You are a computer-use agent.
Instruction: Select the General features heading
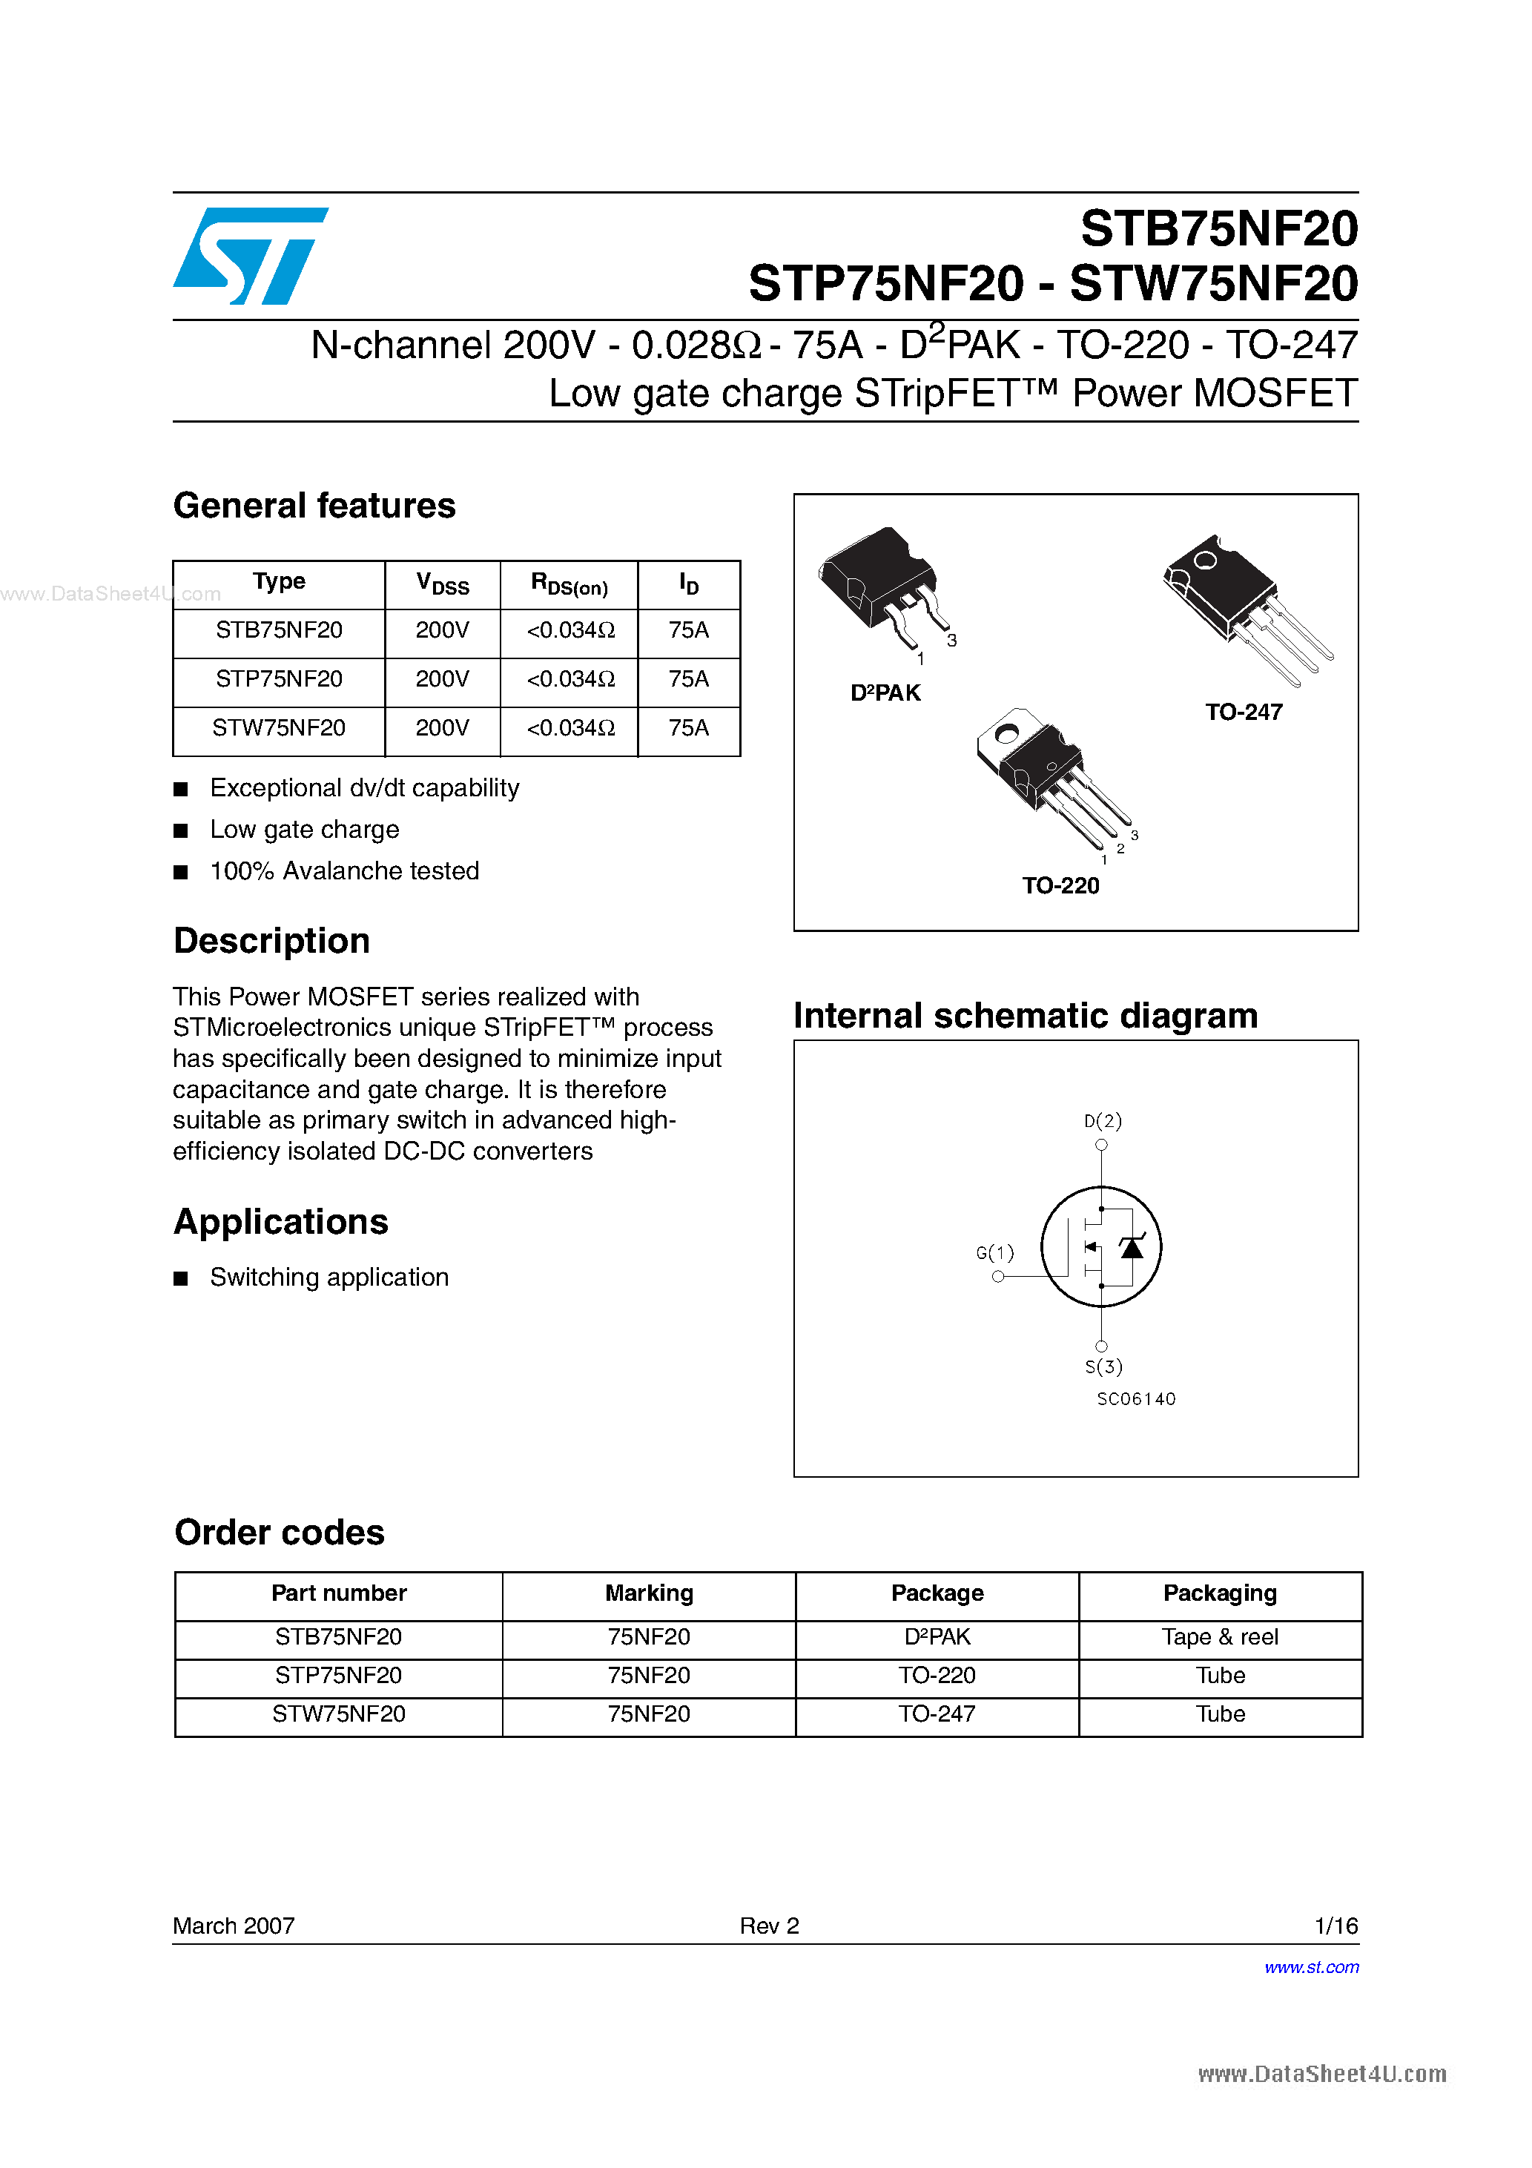(314, 506)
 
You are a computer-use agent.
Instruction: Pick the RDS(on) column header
(569, 584)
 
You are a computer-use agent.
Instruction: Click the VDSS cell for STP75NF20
(442, 679)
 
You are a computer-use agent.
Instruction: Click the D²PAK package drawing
(879, 586)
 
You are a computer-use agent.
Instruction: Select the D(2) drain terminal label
(1102, 1121)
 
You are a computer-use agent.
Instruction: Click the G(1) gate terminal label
(994, 1253)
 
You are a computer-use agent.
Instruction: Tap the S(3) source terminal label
(1103, 1366)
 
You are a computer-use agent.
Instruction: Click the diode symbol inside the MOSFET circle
(1131, 1249)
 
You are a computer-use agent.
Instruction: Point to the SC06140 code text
(1135, 1398)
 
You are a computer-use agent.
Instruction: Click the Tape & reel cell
(1219, 1636)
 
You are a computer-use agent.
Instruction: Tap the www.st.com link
(1311, 1967)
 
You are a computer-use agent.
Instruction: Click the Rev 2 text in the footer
(769, 1926)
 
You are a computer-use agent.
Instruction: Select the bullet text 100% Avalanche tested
(344, 870)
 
